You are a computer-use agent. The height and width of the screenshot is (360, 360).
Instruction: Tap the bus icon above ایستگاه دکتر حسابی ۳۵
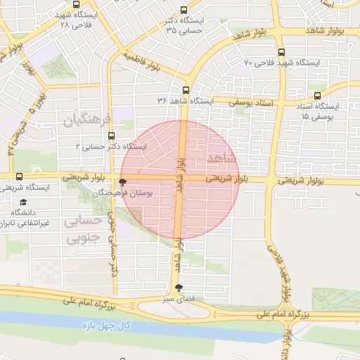click(184, 10)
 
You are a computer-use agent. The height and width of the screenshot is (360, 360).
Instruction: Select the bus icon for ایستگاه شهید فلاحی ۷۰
click(281, 52)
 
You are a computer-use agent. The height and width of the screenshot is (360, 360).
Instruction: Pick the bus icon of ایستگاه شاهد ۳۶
click(186, 90)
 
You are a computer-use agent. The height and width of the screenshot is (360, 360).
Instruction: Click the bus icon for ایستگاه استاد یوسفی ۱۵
click(317, 96)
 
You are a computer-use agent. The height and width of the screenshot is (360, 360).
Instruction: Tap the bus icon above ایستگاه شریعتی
click(18, 177)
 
